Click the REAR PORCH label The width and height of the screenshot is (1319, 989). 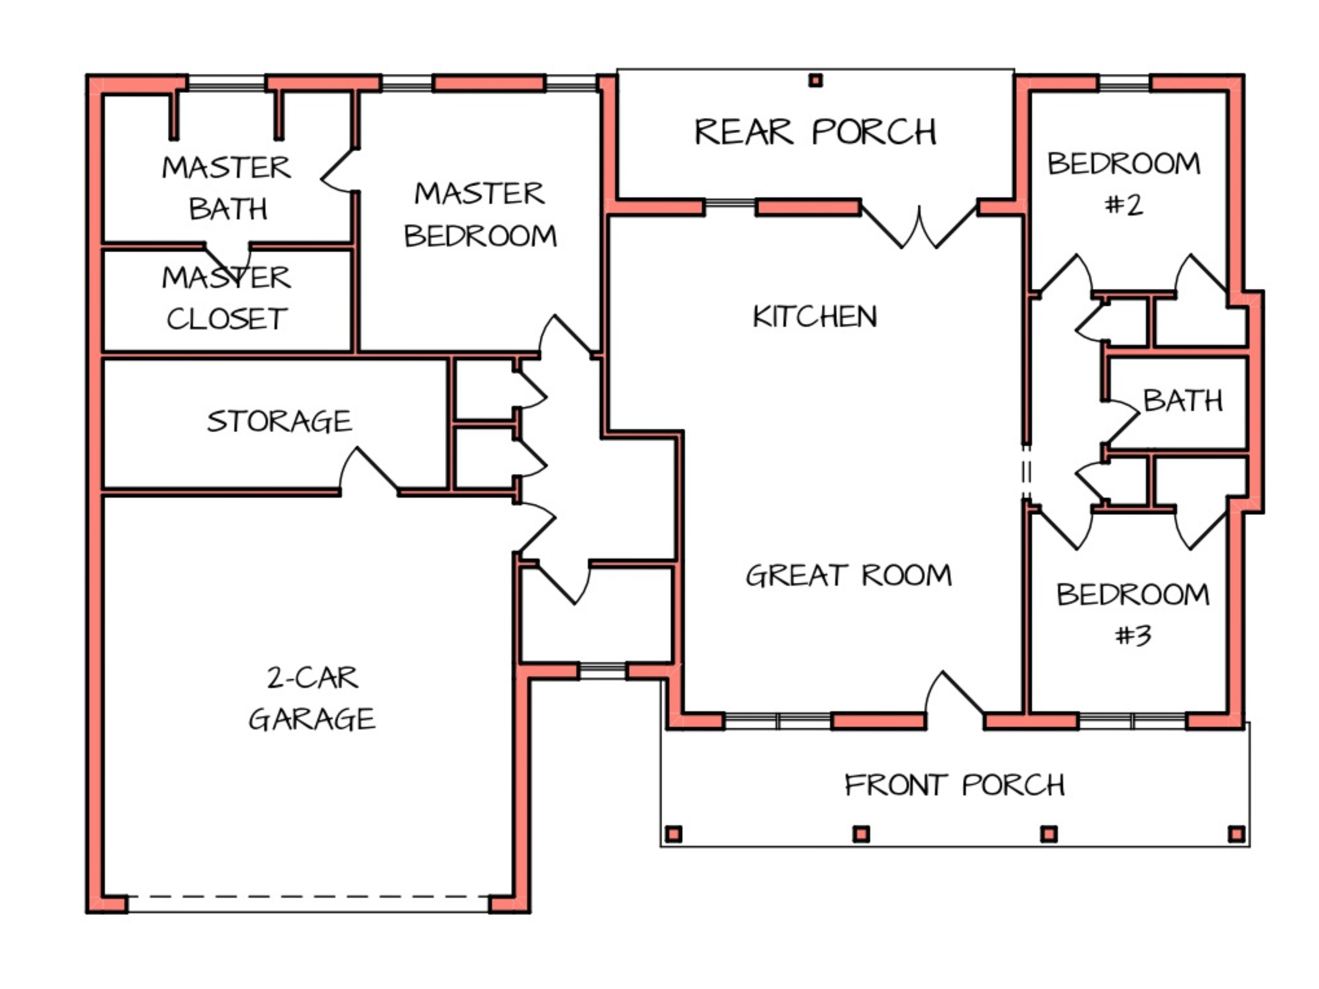(815, 132)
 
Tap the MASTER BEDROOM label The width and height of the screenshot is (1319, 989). (480, 215)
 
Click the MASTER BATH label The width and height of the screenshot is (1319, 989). (227, 188)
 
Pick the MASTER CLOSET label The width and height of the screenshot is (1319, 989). (227, 298)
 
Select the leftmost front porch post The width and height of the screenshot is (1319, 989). (674, 834)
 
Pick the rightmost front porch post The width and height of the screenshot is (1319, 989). (1237, 834)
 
